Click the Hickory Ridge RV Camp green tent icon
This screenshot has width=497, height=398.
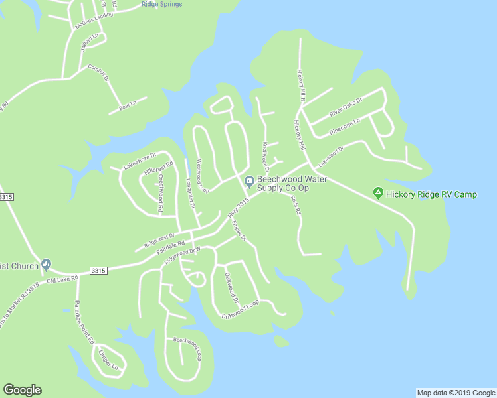click(x=378, y=194)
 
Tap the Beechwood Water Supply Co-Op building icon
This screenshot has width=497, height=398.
click(x=249, y=181)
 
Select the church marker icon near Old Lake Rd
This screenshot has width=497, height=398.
click(x=46, y=265)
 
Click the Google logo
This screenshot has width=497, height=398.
click(x=22, y=390)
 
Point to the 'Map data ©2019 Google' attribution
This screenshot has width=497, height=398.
click(x=456, y=393)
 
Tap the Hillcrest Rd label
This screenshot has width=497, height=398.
click(x=159, y=168)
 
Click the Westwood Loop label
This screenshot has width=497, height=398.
click(x=202, y=175)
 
